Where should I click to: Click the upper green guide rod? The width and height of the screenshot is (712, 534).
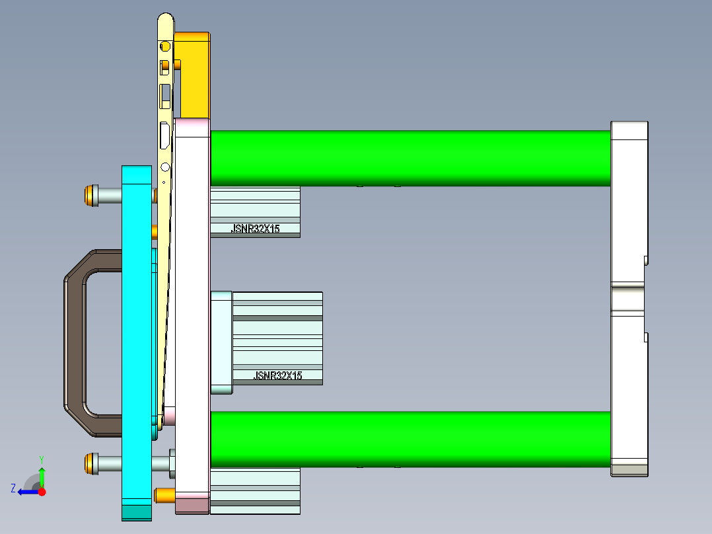coord(409,157)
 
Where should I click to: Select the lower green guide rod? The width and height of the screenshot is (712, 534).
coord(409,439)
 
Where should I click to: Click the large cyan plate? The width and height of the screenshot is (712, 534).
coord(137,330)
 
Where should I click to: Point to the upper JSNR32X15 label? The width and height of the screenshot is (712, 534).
coord(255,229)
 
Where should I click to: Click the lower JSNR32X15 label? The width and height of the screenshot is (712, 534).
coord(277,375)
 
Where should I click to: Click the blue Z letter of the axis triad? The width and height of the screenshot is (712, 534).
coord(13,488)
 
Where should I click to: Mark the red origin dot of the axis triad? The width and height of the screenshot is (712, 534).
coord(42,492)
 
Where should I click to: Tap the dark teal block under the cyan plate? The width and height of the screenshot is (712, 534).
coord(137,512)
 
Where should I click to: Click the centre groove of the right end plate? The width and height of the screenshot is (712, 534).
coord(627,297)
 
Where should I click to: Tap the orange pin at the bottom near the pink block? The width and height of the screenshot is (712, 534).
coord(164,495)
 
